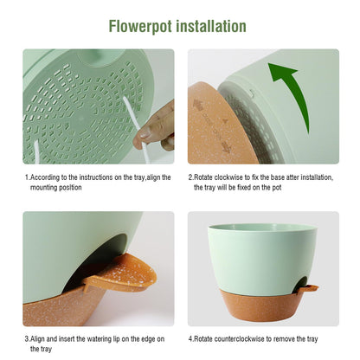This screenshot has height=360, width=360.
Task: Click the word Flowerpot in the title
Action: (x=140, y=26)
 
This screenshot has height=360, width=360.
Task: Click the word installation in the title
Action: (x=211, y=26)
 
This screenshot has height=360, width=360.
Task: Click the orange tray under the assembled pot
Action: (x=260, y=305)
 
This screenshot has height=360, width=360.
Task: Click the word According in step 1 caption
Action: (x=45, y=177)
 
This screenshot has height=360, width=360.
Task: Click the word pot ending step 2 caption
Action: (x=277, y=188)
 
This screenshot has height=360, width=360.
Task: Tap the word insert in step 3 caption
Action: (x=67, y=338)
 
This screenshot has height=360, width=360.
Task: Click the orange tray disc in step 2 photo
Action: (x=219, y=124)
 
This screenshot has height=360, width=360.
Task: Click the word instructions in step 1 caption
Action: (x=95, y=177)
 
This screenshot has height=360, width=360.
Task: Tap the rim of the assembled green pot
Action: (x=263, y=226)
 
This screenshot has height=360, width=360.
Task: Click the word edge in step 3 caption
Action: (x=148, y=339)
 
